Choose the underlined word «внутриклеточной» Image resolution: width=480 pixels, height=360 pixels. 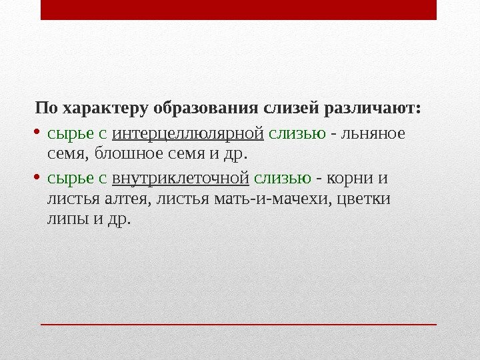point(181,179)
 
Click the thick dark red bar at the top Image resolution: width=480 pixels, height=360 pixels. point(238,10)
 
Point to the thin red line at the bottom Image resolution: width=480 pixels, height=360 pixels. point(238,324)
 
